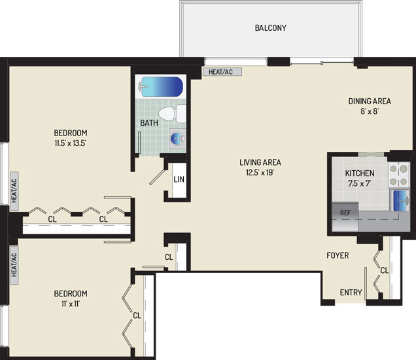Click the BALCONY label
tap(270, 28)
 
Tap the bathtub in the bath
tap(160, 87)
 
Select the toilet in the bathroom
tap(172, 114)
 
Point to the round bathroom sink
tap(177, 139)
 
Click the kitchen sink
tap(400, 201)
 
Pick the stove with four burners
tap(398, 175)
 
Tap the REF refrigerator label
tap(345, 213)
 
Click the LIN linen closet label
tap(179, 179)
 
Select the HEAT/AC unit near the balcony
tap(222, 72)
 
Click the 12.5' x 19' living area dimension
tap(260, 173)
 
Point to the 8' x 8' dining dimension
tap(370, 111)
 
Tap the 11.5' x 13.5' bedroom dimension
tap(70, 143)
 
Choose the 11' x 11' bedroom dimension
tap(71, 304)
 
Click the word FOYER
tap(338, 255)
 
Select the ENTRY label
tap(351, 293)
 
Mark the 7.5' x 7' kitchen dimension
tap(360, 183)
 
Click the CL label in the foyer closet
tap(384, 270)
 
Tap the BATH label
tap(149, 123)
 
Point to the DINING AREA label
tap(370, 101)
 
